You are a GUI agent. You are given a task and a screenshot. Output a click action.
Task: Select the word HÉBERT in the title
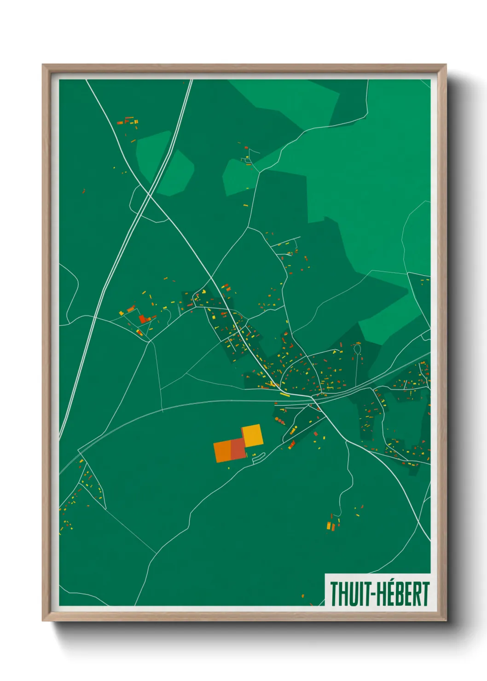[x=403, y=594]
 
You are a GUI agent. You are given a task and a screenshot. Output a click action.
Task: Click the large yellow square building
[x=253, y=435]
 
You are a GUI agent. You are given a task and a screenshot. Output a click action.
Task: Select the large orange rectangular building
[x=222, y=451]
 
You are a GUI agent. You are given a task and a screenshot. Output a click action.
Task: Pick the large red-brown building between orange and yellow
[x=238, y=449]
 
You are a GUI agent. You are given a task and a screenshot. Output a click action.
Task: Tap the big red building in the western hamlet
[x=142, y=318]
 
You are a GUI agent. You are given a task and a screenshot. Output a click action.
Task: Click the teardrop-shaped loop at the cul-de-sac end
[x=357, y=349]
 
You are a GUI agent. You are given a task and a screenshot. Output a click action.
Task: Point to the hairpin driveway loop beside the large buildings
[x=258, y=457]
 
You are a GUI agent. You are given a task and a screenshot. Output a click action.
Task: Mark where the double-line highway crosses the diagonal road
[x=150, y=195]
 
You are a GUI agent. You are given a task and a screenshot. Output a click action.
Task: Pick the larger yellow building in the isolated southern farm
[x=329, y=525]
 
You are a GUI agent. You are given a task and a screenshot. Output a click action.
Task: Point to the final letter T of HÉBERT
[x=426, y=594]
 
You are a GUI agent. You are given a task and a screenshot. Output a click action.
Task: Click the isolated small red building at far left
[x=83, y=191]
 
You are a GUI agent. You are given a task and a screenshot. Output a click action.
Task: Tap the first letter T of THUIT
[x=334, y=594]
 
